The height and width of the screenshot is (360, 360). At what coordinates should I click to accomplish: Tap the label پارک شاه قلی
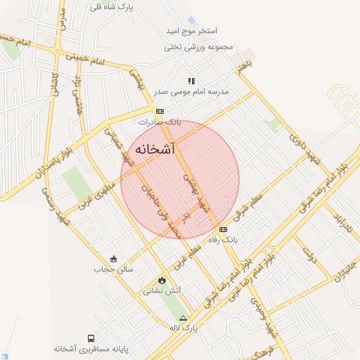pyautogui.click(x=114, y=6)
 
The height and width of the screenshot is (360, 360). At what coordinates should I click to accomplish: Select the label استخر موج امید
pyautogui.click(x=192, y=32)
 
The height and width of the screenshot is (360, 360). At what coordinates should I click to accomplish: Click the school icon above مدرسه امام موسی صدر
pyautogui.click(x=191, y=81)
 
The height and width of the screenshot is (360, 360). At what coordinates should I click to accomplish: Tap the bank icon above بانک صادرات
pyautogui.click(x=160, y=111)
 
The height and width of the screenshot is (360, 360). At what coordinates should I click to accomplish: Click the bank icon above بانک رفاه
pyautogui.click(x=224, y=229)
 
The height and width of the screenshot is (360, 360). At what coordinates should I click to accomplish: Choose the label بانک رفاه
pyautogui.click(x=224, y=240)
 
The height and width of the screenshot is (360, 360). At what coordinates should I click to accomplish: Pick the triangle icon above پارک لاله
pyautogui.click(x=184, y=318)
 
